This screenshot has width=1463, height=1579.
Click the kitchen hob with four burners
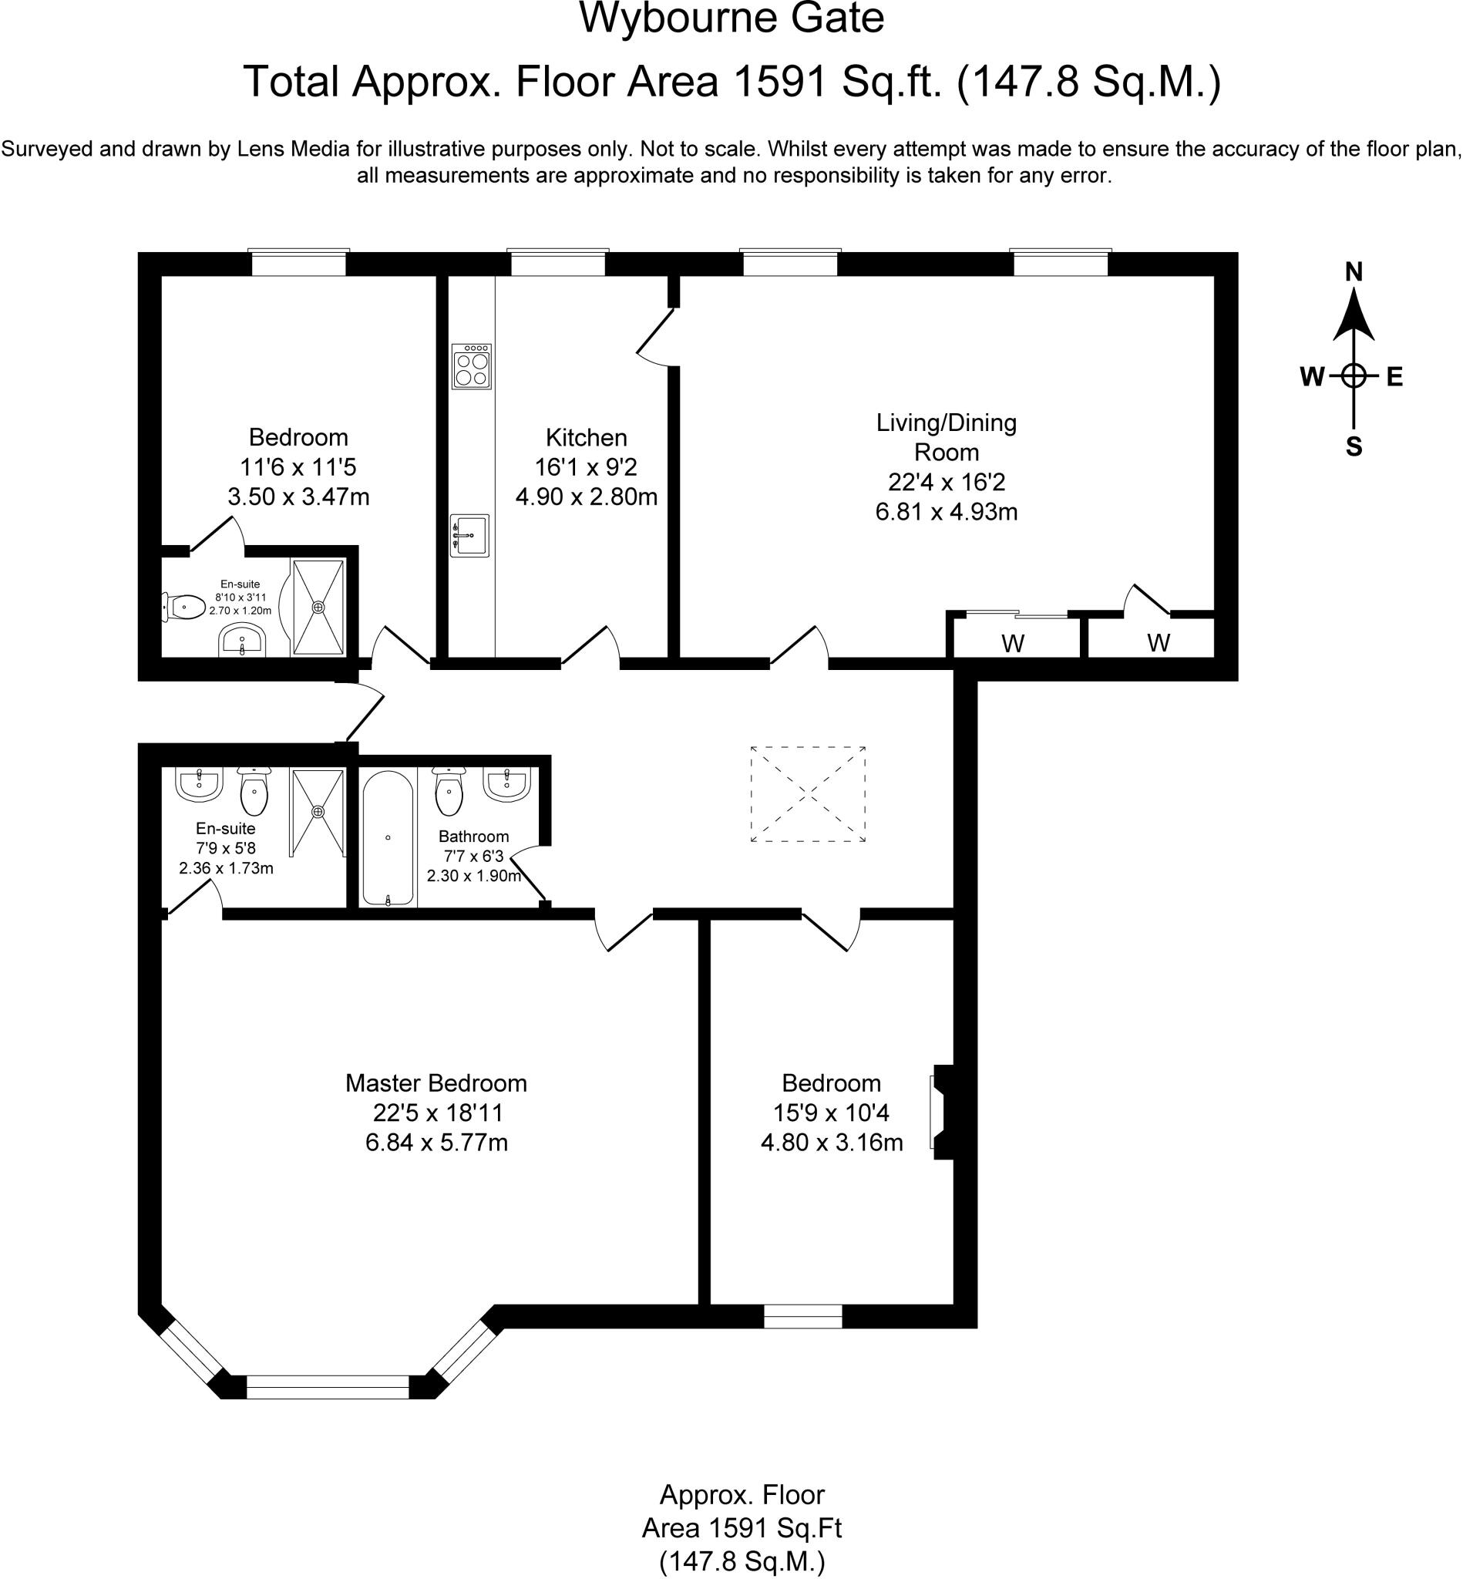pos(471,366)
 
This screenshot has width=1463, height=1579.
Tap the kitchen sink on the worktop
pos(469,535)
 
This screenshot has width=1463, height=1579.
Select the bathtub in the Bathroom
pos(388,838)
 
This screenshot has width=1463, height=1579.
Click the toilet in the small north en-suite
pos(184,608)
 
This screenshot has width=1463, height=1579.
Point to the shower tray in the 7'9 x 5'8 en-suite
pos(318,813)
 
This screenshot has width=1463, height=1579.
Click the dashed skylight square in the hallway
pos(808,794)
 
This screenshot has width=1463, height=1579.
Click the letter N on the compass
pos(1354,272)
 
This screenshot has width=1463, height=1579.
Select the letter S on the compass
pos(1354,447)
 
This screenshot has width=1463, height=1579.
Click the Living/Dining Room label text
pos(946,437)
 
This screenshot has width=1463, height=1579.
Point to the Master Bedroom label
pos(436,1083)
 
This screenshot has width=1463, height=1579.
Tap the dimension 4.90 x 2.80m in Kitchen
pos(586,497)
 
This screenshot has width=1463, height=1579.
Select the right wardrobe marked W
pos(1159,643)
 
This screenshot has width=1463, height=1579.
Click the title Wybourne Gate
pos(731,19)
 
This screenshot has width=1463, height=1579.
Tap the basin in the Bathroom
pos(506,785)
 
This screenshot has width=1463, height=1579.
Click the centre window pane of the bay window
pos(328,1386)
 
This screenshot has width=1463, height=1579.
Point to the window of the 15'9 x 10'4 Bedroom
pos(802,1316)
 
